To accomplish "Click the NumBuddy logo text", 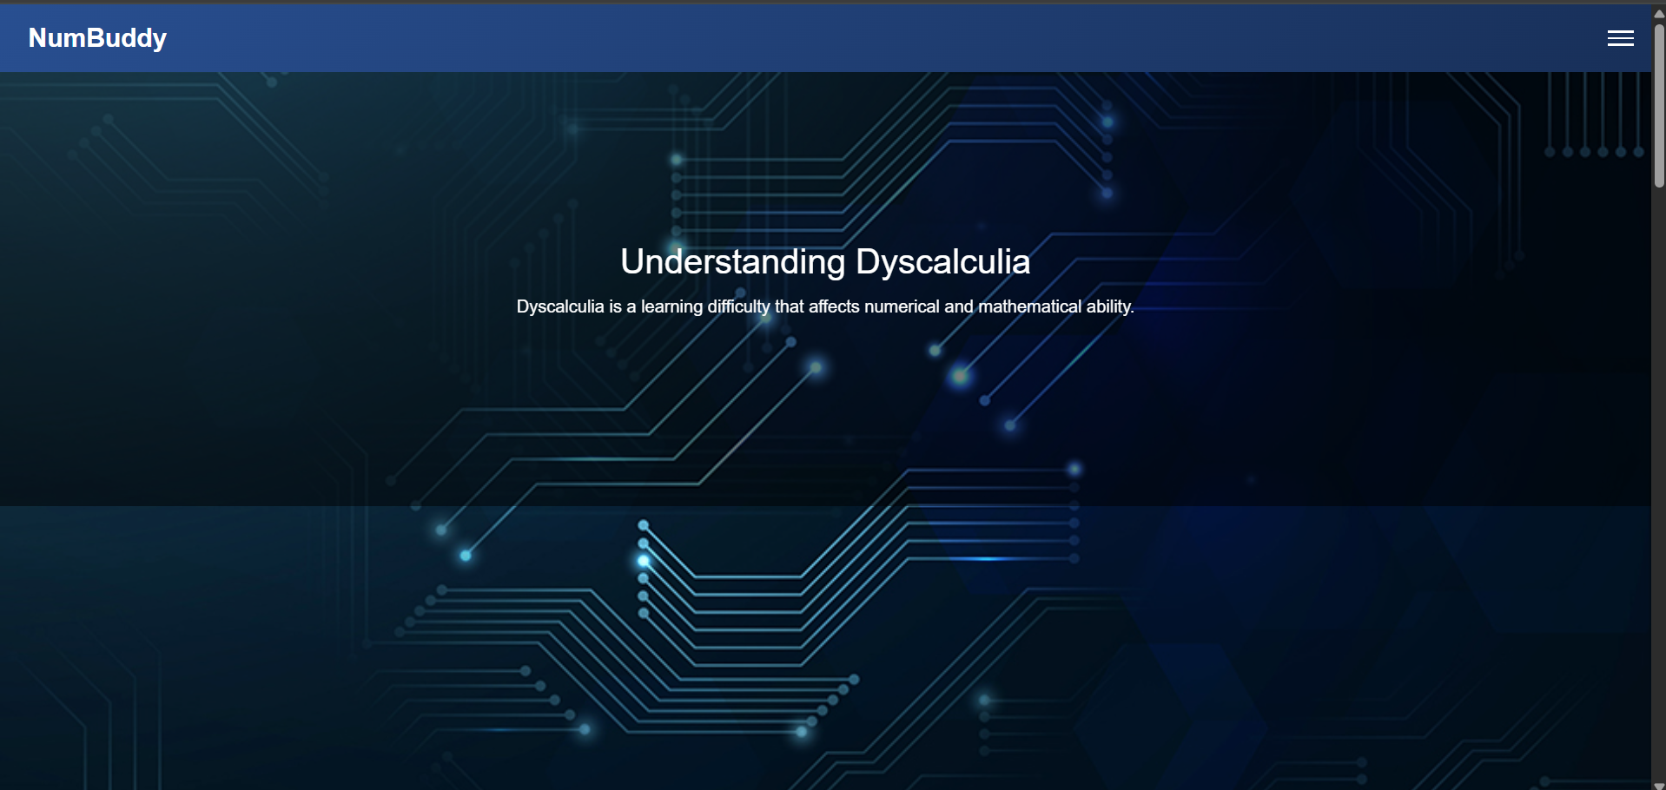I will [x=97, y=38].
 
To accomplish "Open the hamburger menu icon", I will [x=1620, y=38].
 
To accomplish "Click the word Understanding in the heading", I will [x=732, y=262].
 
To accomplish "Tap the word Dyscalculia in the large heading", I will [x=942, y=262].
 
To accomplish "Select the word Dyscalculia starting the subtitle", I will [x=559, y=306].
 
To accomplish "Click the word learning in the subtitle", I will [x=671, y=306].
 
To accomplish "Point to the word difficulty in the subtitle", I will [x=738, y=306].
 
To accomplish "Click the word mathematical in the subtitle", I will [x=1029, y=306].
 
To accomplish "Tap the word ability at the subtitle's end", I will [x=1109, y=306].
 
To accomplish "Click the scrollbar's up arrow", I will [x=1659, y=13].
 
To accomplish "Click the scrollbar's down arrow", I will [x=1659, y=785].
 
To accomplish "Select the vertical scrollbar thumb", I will [x=1659, y=104].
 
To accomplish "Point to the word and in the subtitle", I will [x=958, y=306].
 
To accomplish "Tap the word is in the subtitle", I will [x=615, y=306].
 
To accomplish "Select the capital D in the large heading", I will [x=868, y=262].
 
